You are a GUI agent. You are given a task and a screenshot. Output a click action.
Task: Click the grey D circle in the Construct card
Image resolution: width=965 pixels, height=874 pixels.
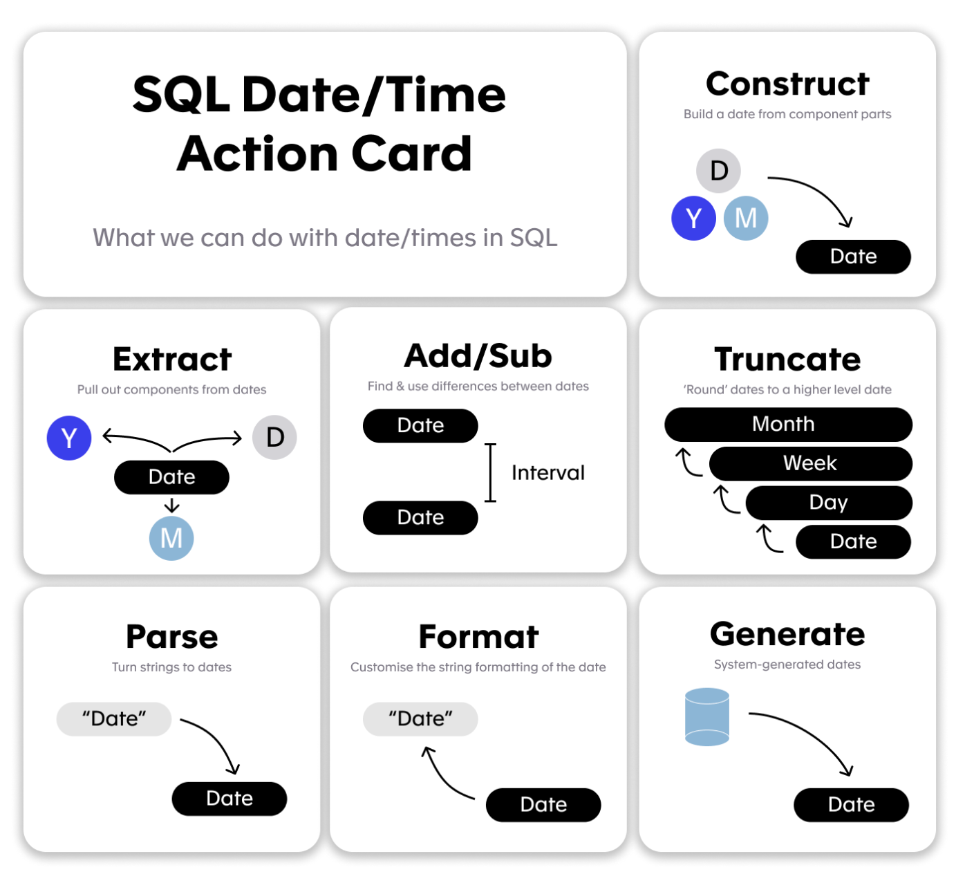(718, 171)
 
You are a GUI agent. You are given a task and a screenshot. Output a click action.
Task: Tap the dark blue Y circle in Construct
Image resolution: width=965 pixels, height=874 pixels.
(694, 218)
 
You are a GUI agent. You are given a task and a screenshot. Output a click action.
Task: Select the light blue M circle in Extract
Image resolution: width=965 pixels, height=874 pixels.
(171, 538)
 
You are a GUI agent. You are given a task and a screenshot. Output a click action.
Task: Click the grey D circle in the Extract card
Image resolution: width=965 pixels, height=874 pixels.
(274, 438)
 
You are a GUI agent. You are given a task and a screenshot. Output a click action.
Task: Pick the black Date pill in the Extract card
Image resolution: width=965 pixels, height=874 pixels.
(171, 477)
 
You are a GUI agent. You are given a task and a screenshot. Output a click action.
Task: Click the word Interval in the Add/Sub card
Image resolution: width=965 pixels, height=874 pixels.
(548, 473)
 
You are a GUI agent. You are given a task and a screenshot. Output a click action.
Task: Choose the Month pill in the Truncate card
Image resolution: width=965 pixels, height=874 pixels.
(789, 425)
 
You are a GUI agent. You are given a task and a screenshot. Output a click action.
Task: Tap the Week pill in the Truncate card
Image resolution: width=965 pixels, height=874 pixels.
(811, 463)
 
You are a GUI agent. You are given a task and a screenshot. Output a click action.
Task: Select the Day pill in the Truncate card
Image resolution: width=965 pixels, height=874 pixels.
(829, 503)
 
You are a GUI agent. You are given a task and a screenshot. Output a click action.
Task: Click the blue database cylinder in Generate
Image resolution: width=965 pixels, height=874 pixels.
(707, 717)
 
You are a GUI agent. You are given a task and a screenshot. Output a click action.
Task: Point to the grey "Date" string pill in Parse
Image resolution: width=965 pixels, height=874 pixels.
(114, 719)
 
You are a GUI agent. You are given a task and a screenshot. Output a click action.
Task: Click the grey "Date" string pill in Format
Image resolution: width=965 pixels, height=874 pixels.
(420, 719)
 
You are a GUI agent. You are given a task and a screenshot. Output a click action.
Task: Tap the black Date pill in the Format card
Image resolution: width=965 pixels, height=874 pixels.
(543, 805)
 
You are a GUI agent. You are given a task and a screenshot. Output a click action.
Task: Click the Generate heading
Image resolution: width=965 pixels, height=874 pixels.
(787, 634)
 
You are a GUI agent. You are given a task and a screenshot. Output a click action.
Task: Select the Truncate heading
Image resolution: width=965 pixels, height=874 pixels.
(787, 359)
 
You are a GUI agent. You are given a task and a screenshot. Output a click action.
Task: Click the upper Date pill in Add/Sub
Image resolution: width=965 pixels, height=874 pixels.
(420, 426)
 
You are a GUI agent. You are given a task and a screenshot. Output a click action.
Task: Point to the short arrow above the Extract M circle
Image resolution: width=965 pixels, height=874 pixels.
(171, 505)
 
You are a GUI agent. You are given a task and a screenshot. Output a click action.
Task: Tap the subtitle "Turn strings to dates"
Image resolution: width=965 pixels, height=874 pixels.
(171, 667)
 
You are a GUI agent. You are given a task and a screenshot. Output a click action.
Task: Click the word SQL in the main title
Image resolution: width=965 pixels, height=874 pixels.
(181, 95)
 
